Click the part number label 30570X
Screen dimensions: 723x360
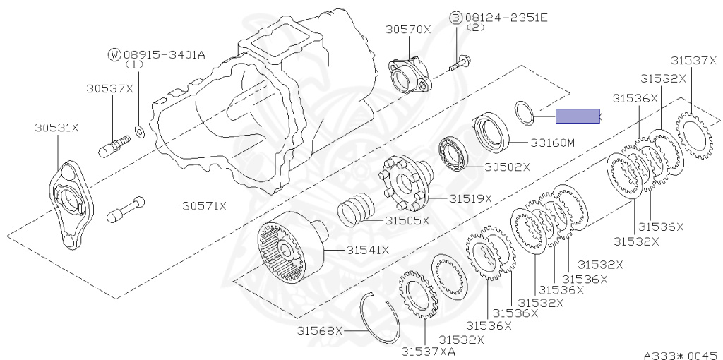coord(408,29)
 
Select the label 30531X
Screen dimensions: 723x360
coord(56,128)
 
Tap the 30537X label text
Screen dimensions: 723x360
coord(110,88)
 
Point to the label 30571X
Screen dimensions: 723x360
coord(204,206)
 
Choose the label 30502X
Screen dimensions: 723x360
coord(508,167)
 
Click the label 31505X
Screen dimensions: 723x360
coord(407,220)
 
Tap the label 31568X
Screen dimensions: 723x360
coord(319,330)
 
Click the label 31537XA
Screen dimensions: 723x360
coord(429,351)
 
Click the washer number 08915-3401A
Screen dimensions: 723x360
coord(164,54)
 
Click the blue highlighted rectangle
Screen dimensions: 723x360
coord(578,116)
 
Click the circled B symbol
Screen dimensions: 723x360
coord(456,17)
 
